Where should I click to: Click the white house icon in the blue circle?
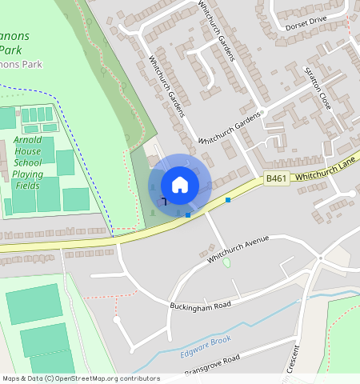click(x=180, y=184)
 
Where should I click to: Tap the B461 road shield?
click(x=277, y=179)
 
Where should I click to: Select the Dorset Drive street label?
click(x=306, y=22)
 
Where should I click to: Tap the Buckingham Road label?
click(x=200, y=306)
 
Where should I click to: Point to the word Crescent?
click(x=293, y=358)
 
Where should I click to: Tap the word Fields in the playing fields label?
click(x=28, y=186)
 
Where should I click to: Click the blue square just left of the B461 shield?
click(x=228, y=200)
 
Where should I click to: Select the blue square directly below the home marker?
click(x=188, y=214)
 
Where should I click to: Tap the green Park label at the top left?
click(x=21, y=49)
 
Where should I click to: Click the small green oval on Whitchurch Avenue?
click(x=226, y=262)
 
